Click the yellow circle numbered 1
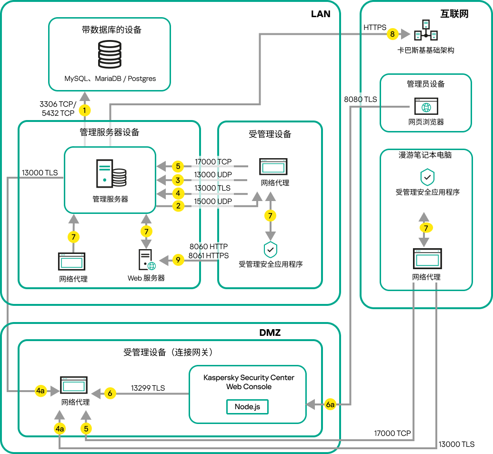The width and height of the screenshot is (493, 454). pos(84,111)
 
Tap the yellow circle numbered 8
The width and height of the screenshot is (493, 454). pos(392,34)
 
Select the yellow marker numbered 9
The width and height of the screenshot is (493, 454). pos(177,260)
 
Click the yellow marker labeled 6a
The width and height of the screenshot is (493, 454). pos(331,404)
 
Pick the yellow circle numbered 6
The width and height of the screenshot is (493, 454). pos(110,393)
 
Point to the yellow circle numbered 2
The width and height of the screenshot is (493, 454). pos(178,206)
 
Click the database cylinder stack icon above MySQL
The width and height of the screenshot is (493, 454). pos(110,55)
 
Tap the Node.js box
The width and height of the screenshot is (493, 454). pos(247,407)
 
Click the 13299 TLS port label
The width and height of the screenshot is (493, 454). pos(149,388)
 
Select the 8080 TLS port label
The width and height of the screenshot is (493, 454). pos(360,100)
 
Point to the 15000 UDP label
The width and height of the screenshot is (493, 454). pos(213,202)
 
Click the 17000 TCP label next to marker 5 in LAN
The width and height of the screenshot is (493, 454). pos(213,162)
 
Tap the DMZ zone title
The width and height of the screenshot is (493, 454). pos(270,333)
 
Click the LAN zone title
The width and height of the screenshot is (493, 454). pos(321,14)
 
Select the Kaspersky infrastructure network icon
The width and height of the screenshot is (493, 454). pos(425,30)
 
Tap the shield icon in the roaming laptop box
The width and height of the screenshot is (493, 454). pos(427,178)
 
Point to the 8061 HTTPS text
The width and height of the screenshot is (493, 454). pos(208,255)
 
